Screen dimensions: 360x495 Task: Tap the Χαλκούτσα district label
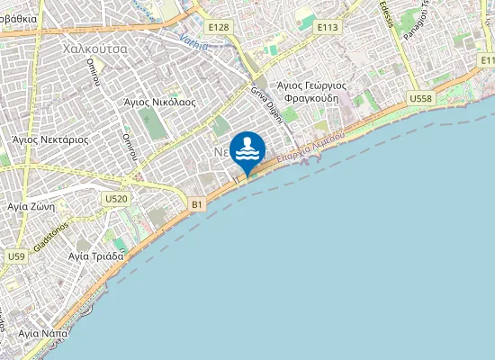(x=94, y=48)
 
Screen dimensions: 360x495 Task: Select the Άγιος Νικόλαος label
(x=160, y=103)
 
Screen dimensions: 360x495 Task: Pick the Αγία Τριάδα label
(x=95, y=256)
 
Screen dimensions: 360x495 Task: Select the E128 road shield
(x=217, y=28)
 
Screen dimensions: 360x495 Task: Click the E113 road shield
(x=328, y=28)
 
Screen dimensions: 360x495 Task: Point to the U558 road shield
(x=419, y=97)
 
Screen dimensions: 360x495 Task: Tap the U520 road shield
(x=115, y=198)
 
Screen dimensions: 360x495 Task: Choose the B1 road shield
(x=197, y=205)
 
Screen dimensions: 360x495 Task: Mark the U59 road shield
(x=15, y=256)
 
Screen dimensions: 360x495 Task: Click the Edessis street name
(x=390, y=13)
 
